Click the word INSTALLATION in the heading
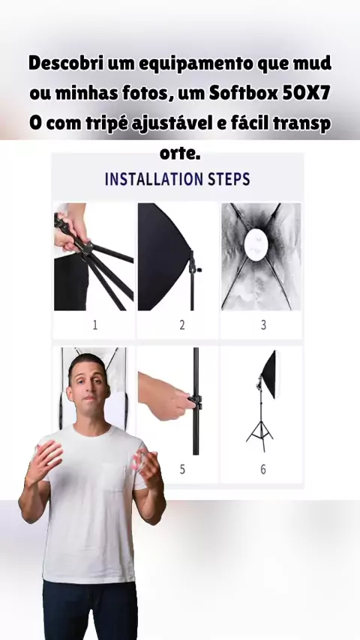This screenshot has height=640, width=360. click(154, 179)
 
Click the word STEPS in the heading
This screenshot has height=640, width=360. click(229, 179)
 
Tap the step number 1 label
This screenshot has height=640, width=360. click(94, 325)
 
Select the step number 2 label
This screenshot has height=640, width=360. click(181, 325)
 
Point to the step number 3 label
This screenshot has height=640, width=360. click(263, 325)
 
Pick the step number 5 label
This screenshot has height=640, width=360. click(182, 469)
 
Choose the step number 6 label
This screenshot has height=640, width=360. click(263, 469)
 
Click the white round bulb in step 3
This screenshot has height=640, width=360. click(256, 244)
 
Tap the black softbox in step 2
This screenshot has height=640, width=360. click(163, 257)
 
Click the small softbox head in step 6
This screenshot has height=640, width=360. click(270, 374)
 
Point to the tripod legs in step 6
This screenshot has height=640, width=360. click(260, 436)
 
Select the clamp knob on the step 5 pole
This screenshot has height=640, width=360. click(195, 402)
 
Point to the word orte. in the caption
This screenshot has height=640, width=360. click(180, 154)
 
